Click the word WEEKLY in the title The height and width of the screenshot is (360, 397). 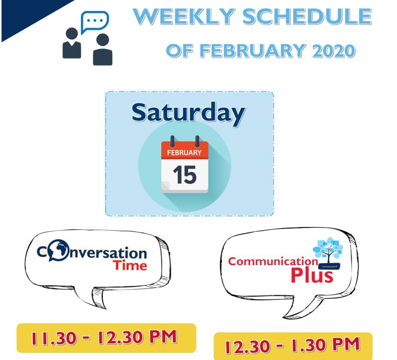click(184, 17)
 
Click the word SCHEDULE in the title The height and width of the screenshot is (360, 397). click(307, 17)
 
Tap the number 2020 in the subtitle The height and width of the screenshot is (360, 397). click(333, 51)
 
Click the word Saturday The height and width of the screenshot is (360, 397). click(189, 113)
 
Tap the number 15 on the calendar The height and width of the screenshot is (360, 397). click(185, 175)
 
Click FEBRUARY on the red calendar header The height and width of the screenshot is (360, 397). click(184, 152)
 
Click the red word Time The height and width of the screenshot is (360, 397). click(130, 265)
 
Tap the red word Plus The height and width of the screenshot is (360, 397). click(312, 275)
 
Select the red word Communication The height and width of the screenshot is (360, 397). click(273, 261)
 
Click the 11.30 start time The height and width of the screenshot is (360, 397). click(54, 338)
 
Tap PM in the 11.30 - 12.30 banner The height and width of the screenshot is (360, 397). click(163, 337)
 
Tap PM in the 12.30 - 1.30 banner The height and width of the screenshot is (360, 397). click(346, 344)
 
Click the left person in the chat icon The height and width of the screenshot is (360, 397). click(71, 43)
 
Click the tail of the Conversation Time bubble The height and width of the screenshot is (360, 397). click(97, 297)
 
